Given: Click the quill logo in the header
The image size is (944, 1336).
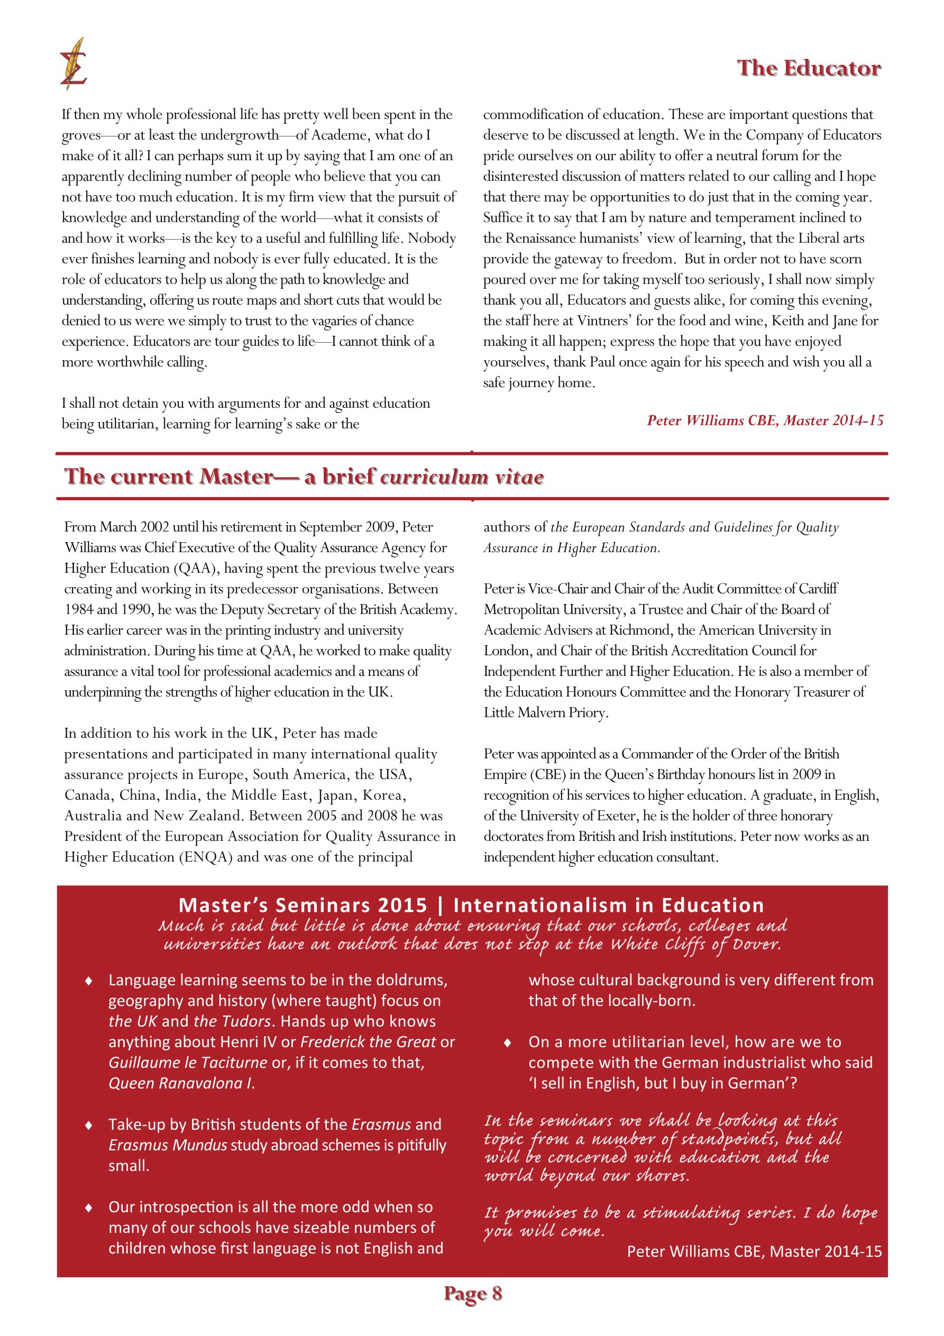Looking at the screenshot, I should point(74,64).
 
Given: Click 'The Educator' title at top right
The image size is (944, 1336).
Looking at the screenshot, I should point(809,68).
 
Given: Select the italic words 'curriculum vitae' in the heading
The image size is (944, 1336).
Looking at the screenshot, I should point(462,477).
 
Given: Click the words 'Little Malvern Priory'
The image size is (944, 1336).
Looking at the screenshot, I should point(545,713).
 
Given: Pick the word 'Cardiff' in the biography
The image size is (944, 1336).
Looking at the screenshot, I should point(814,589).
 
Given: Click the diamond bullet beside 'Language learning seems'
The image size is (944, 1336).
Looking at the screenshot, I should point(88,981).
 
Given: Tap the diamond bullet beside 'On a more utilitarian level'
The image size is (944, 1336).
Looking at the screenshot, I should point(508,1043).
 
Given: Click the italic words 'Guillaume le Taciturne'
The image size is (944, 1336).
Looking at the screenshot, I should point(187,1063).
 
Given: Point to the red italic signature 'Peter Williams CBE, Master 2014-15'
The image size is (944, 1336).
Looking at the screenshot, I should point(765,420).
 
